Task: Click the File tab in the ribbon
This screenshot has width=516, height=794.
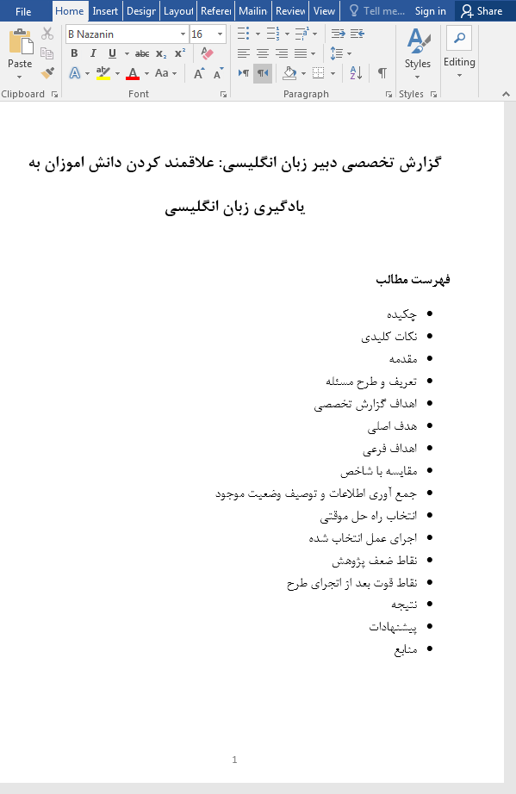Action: [23, 11]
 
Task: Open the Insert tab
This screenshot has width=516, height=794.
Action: [105, 11]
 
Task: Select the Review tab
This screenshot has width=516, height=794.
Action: [291, 11]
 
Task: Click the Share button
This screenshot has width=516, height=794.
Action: [481, 11]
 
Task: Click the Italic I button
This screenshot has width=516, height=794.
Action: [92, 53]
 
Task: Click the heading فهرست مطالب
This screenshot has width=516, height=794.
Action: [413, 281]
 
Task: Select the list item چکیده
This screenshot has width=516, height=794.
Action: [403, 314]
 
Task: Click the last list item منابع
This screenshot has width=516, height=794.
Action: [404, 649]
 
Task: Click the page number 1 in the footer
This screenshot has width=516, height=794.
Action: [234, 760]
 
